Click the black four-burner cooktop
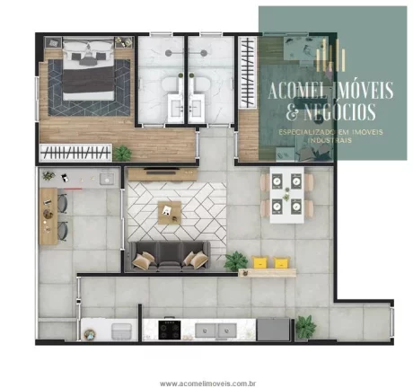click(x=170, y=330)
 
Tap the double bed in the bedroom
click(x=89, y=68)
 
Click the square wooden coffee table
click(x=170, y=213)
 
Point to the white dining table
click(x=287, y=195)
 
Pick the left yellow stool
click(x=259, y=262)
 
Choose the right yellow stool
click(x=282, y=262)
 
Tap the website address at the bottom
click(x=207, y=384)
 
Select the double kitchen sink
click(x=216, y=331)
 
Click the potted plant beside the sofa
click(x=236, y=261)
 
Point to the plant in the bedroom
click(x=122, y=153)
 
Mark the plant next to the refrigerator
click(x=305, y=327)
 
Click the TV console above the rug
click(x=163, y=174)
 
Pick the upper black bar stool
click(x=63, y=203)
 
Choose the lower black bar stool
click(x=63, y=231)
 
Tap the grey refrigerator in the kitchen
click(x=273, y=330)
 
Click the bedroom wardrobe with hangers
click(x=75, y=153)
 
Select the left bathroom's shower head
click(x=169, y=53)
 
